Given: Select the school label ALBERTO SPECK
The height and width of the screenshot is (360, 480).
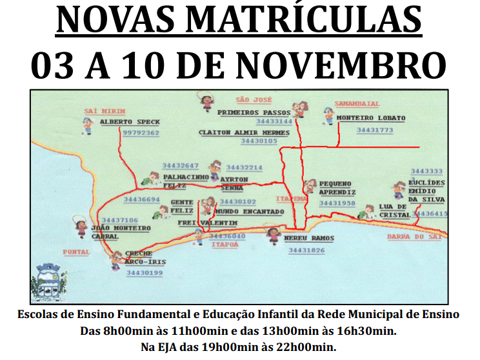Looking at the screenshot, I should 130,121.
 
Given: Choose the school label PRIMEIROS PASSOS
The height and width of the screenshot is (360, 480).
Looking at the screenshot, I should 254,112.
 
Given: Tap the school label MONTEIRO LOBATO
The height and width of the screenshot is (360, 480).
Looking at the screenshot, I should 371,118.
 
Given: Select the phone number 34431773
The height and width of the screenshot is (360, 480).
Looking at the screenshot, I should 374,130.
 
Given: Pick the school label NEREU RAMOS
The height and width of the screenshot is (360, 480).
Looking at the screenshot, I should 310,238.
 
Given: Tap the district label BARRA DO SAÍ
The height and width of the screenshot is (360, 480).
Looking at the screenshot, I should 414,237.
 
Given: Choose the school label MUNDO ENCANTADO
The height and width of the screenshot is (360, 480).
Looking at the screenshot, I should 250,211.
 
